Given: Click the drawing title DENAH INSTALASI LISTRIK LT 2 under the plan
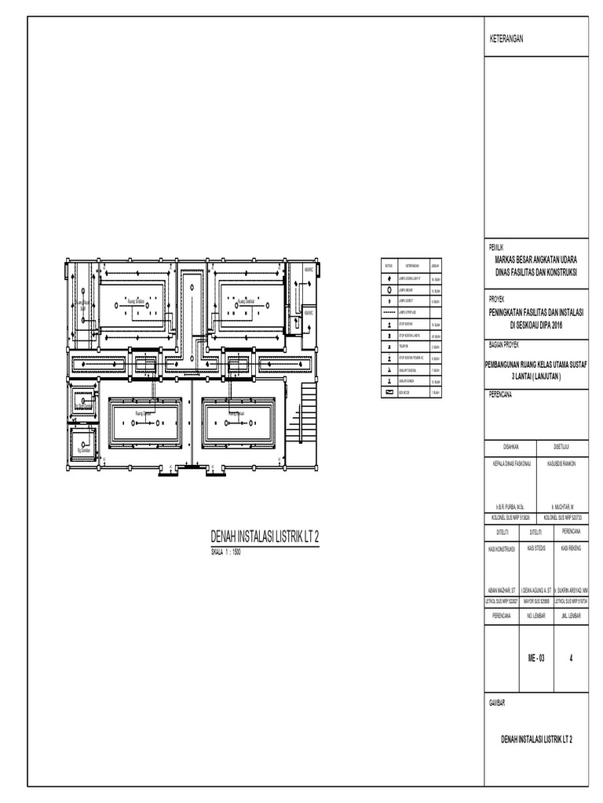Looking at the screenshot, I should point(265,536).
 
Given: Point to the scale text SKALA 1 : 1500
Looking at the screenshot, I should point(225,551).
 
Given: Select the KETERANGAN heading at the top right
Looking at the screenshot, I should point(506,38).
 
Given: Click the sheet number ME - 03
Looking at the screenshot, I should point(536,659).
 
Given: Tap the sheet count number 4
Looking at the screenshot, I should point(571,659).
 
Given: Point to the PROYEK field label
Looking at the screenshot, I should point(498,299).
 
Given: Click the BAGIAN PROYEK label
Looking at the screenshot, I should point(510,343).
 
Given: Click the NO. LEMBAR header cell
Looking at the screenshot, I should point(536,616).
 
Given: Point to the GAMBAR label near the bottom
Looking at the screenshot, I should point(500,705).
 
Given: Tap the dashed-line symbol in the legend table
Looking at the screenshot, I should point(389,311).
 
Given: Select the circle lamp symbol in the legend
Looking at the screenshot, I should point(389,289).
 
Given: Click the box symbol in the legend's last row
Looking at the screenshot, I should point(389,390).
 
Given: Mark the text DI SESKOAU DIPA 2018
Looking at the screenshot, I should point(536,323).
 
